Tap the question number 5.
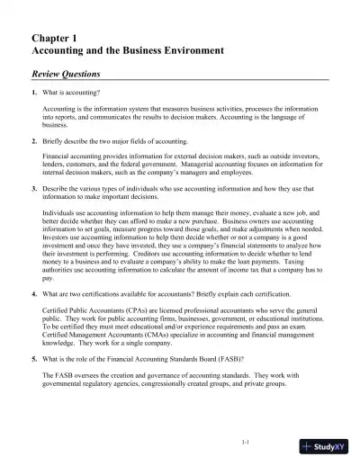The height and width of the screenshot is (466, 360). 34,357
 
